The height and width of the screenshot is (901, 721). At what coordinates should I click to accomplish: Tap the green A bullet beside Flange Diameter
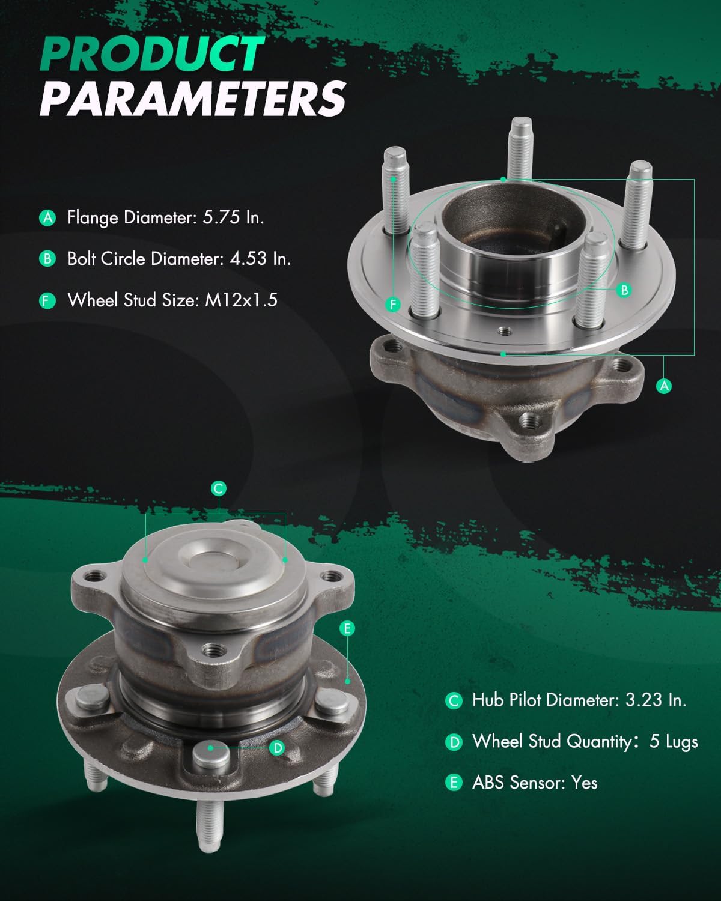click(47, 217)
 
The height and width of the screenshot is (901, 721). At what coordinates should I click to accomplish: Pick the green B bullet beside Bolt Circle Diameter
click(47, 259)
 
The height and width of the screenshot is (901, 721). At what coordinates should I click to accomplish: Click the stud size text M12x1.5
click(241, 300)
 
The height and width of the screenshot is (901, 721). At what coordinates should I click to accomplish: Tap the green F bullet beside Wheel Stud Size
click(47, 300)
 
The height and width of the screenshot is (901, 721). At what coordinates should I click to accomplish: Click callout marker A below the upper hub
click(664, 386)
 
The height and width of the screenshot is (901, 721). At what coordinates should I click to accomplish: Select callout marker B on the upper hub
click(624, 290)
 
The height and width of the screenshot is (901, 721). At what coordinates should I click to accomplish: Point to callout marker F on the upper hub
click(394, 305)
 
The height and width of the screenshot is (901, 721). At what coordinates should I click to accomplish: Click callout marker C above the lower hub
click(219, 488)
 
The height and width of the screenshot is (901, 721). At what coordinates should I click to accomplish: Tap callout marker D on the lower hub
click(277, 748)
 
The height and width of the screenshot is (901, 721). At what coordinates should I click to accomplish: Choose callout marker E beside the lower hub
click(347, 629)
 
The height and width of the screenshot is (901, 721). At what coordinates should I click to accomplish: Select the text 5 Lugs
click(674, 741)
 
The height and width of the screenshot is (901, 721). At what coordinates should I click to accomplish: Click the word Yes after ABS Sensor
click(585, 782)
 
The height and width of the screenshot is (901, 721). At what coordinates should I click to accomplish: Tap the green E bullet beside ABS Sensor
click(454, 783)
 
